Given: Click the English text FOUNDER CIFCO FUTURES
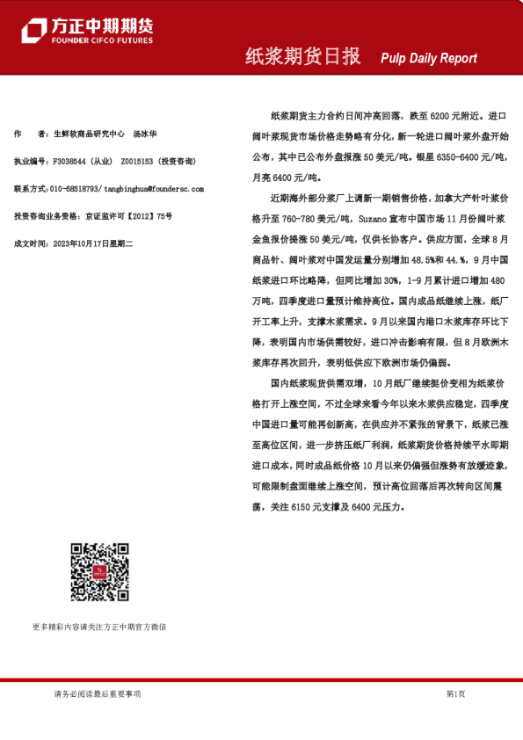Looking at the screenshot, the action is pos(102,40).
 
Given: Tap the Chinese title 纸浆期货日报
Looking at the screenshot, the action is pos(302,57).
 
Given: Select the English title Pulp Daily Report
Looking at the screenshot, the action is pos(429,58).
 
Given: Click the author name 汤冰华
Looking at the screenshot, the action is pos(145,134).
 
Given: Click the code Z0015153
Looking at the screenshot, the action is pos(137,162).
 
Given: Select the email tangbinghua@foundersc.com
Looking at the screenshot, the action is pos(153,189).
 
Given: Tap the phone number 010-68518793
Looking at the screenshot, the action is pos(76,189).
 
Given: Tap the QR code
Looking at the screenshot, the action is pos(99,572).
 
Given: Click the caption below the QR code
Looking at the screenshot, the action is pos(98,628).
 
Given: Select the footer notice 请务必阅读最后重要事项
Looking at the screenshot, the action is pos(97,693).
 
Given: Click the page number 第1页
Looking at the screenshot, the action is pos(455,693).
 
